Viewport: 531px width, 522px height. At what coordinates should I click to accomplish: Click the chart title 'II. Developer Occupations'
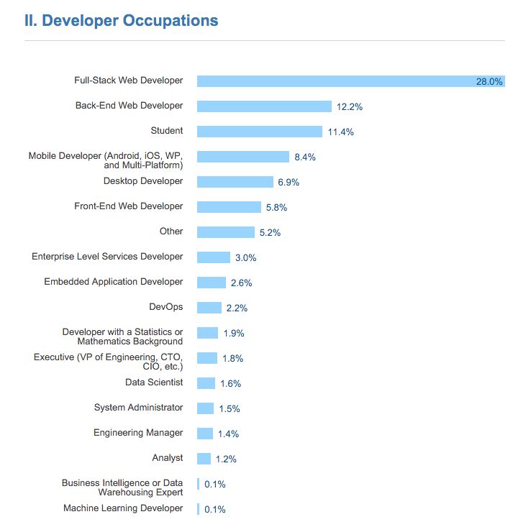(121, 20)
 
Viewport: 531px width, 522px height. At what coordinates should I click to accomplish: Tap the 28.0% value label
(489, 81)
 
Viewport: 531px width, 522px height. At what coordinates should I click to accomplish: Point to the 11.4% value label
(340, 132)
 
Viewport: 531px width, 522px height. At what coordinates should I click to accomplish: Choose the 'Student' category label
(167, 131)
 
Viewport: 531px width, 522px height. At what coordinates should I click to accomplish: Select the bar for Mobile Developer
(242, 157)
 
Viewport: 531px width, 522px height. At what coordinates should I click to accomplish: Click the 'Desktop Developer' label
(143, 181)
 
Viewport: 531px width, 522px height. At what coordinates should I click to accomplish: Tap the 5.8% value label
(277, 207)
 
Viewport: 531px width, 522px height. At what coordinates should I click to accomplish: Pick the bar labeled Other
(225, 232)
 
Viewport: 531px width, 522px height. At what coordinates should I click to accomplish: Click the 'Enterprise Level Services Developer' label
(107, 257)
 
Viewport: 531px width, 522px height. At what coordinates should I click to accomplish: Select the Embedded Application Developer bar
(212, 283)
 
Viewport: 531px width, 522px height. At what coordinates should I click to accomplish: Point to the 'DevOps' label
(166, 307)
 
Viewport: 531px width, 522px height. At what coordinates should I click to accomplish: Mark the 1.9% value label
(234, 333)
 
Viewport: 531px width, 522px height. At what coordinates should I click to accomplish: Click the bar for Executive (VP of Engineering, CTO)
(207, 358)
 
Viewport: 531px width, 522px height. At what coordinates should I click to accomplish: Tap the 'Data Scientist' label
(154, 383)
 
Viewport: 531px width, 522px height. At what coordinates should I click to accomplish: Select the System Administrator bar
(206, 408)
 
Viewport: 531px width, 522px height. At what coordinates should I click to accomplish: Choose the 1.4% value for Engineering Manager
(228, 434)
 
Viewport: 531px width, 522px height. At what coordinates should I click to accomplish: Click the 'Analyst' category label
(168, 458)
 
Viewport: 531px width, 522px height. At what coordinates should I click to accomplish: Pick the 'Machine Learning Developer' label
(123, 508)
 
